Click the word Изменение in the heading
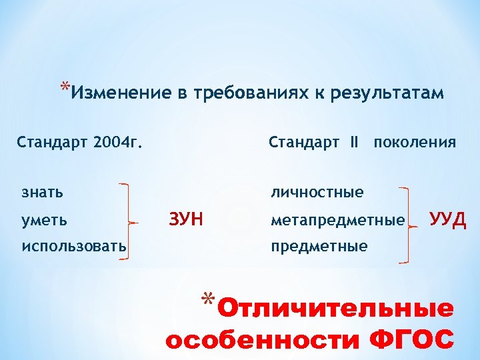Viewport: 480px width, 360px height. (x=120, y=93)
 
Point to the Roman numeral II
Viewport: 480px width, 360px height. (x=353, y=142)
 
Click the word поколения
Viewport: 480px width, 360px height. (x=415, y=142)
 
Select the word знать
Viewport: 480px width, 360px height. (x=43, y=192)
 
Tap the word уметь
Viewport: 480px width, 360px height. (x=44, y=219)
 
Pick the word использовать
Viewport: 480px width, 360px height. (x=74, y=246)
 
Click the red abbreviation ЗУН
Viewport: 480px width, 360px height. (x=187, y=219)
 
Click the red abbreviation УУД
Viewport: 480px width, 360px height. (x=448, y=219)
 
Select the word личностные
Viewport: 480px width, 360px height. (x=317, y=192)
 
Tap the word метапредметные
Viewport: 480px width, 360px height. (x=337, y=219)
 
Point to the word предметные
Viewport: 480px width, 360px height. (x=319, y=246)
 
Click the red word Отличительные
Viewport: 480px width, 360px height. (x=336, y=309)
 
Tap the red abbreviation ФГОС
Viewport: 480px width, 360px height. (x=411, y=340)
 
